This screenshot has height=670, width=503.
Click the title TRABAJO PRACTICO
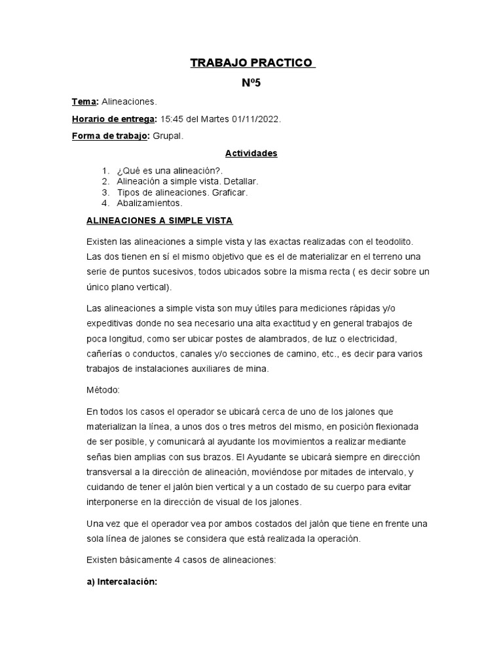click(251, 63)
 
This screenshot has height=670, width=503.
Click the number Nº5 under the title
click(251, 83)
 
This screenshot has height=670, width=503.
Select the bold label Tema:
click(84, 102)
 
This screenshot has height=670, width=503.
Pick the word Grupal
click(168, 136)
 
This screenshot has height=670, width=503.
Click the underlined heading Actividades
click(251, 154)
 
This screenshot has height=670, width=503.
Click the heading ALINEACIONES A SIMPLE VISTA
click(159, 221)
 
